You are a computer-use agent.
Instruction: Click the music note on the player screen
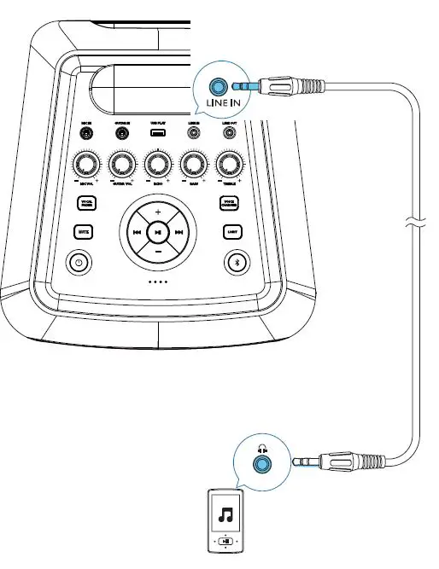(225, 514)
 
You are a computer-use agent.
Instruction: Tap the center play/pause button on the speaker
(157, 232)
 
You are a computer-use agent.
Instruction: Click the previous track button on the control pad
(136, 232)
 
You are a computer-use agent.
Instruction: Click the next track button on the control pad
(179, 232)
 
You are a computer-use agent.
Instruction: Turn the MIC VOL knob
(86, 164)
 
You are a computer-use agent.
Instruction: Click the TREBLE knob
(228, 164)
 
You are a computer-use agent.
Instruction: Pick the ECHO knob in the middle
(157, 164)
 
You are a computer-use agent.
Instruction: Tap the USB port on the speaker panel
(157, 133)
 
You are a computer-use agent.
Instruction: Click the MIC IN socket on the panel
(86, 134)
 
